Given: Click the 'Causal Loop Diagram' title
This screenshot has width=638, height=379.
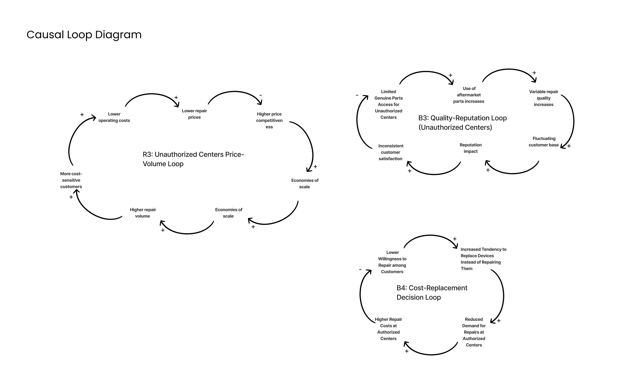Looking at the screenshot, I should [x=84, y=35].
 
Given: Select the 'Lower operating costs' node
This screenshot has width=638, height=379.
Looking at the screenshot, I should [x=114, y=117].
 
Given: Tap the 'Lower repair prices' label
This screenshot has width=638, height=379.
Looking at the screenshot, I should [x=194, y=114].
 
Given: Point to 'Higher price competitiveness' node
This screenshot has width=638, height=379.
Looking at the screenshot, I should [x=269, y=120].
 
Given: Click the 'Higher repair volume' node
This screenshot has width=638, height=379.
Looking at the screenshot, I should [x=143, y=213].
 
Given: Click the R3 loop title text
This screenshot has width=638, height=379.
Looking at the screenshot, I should [x=193, y=159].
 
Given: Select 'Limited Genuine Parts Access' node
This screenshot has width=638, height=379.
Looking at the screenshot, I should [x=388, y=104].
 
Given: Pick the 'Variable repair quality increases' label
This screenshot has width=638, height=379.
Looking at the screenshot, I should [x=544, y=98].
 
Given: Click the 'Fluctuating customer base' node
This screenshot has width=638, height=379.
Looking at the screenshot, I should [x=544, y=142].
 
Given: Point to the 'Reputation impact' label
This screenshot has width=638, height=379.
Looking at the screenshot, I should [x=471, y=148].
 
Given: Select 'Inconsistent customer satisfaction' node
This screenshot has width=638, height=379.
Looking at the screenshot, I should [x=390, y=152].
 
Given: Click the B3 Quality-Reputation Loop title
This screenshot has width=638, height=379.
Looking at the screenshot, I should [x=462, y=123].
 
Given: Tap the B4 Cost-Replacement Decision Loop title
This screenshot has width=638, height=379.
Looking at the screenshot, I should [x=432, y=292].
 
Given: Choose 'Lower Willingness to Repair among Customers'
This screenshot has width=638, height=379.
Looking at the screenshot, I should [x=392, y=262].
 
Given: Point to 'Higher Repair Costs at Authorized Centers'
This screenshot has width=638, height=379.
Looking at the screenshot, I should [x=388, y=329].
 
